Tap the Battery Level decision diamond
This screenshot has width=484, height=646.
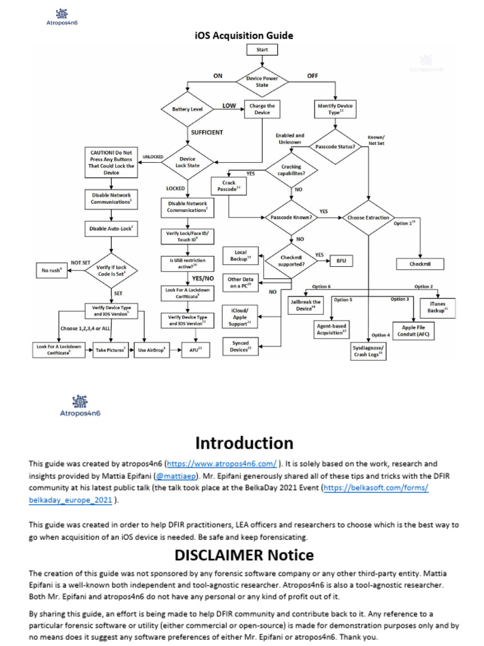[x=188, y=109]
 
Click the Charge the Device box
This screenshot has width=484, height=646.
[x=262, y=109]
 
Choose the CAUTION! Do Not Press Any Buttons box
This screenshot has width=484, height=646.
[x=111, y=162]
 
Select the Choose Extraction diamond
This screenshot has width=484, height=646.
[x=369, y=218]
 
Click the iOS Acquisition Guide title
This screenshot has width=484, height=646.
[x=239, y=35]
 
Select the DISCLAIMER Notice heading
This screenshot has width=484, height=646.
[x=244, y=555]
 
